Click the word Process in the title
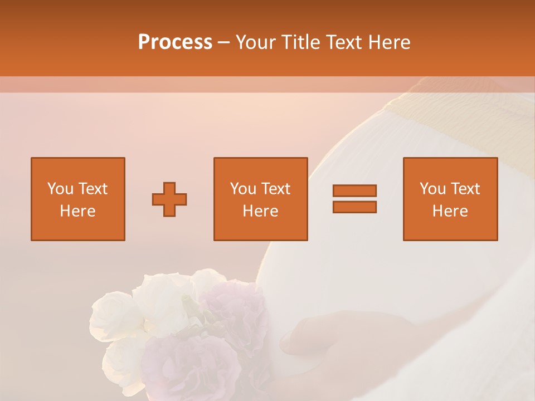175,42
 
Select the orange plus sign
169,199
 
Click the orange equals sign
354,199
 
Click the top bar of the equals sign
354,191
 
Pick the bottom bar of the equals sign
354,207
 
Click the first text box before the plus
78,199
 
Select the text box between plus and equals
261,199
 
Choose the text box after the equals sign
450,199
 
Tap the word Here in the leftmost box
78,211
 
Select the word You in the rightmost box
432,189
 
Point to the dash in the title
224,42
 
